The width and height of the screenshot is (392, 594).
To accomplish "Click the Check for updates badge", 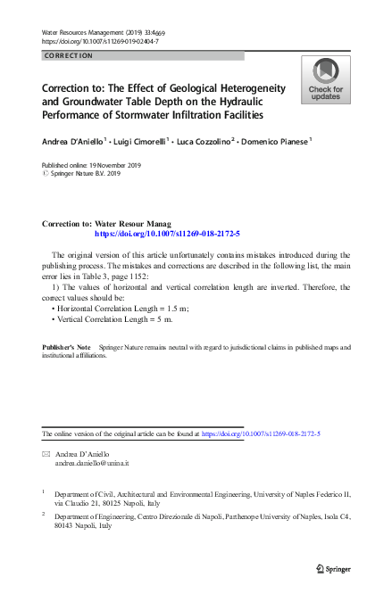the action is coord(325,79).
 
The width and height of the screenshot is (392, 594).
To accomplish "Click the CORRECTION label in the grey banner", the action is coord(68,55).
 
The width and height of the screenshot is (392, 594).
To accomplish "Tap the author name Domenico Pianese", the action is coord(275,140).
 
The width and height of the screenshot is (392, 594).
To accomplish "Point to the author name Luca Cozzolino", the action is coord(208,140).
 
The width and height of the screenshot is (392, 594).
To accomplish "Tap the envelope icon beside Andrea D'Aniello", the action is coord(46,454).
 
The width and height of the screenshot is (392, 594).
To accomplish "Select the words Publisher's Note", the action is coord(68,345).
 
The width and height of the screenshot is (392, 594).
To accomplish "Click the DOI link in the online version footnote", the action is coord(262,433).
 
